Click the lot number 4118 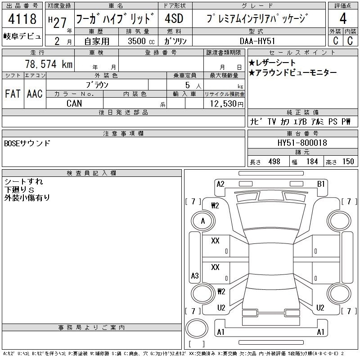[22, 18]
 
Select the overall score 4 [343, 18]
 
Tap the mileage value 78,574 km [49, 64]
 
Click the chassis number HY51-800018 [302, 143]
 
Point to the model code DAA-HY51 [257, 41]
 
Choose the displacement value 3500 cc [141, 41]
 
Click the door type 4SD [174, 18]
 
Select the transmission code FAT [13, 94]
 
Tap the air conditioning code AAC [35, 94]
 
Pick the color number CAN [74, 103]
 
